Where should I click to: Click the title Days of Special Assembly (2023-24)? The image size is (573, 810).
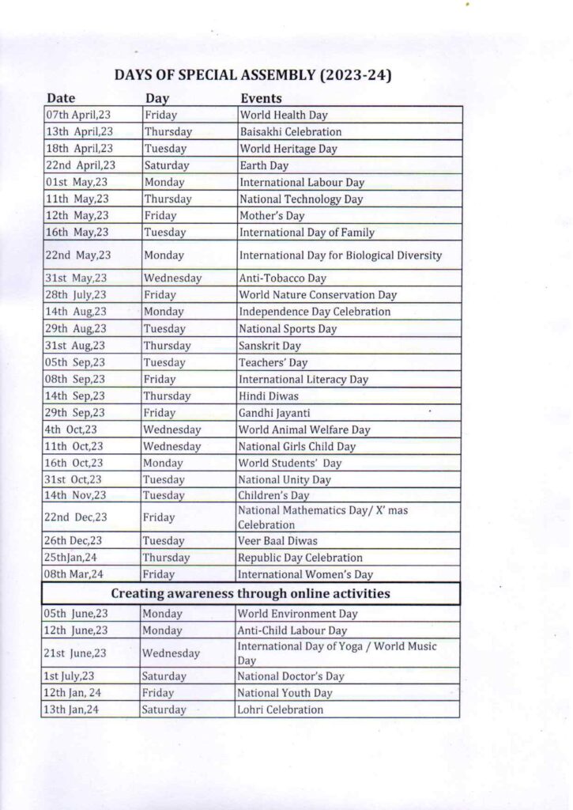click(254, 76)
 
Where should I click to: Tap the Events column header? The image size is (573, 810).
click(261, 98)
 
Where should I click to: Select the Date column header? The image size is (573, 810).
click(61, 98)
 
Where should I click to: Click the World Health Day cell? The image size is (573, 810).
click(283, 115)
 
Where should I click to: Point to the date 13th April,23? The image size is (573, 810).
click(79, 132)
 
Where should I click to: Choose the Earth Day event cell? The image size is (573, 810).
click(264, 166)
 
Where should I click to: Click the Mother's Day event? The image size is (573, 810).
click(272, 216)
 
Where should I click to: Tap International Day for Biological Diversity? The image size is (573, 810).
click(340, 255)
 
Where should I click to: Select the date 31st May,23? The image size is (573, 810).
click(76, 278)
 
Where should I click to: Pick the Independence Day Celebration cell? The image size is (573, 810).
click(315, 312)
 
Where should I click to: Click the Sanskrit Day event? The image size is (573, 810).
click(270, 346)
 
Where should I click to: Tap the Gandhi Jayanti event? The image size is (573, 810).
click(273, 413)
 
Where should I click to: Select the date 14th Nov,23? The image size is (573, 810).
click(75, 495)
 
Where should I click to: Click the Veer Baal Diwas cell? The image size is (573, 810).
click(277, 541)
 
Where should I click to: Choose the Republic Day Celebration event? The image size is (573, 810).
click(300, 558)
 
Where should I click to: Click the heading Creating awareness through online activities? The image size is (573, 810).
click(251, 593)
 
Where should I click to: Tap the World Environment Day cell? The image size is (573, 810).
click(297, 614)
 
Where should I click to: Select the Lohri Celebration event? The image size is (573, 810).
click(281, 710)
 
